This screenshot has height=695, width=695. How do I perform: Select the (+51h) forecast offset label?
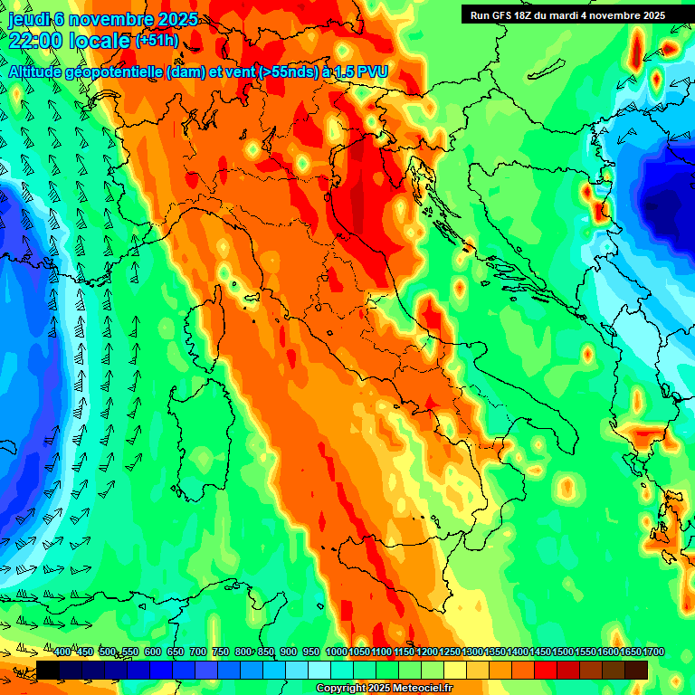tap(156, 41)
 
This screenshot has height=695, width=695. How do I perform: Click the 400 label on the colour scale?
tap(62, 652)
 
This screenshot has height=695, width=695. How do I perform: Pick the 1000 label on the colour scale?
tap(336, 652)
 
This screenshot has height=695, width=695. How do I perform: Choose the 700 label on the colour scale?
tap(198, 652)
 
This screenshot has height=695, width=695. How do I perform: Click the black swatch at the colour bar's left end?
tap(47, 670)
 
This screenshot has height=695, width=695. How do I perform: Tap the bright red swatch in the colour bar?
tap(545, 670)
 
